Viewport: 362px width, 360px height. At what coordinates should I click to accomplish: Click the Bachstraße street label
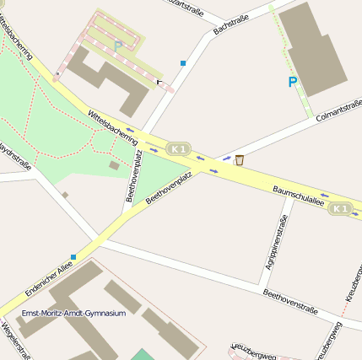[x=231, y=24]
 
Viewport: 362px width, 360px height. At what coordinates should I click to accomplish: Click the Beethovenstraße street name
[x=290, y=303]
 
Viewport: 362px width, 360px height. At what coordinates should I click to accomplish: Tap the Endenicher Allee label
[x=44, y=278]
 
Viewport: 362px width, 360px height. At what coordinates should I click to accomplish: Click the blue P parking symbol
[x=293, y=82]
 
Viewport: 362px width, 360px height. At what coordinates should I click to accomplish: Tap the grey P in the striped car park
[x=118, y=45]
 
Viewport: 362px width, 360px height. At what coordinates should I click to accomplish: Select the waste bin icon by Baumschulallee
[x=240, y=160]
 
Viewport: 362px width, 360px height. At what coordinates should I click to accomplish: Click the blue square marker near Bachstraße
[x=182, y=62]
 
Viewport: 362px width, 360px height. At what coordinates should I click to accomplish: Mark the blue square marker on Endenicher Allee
[x=73, y=256]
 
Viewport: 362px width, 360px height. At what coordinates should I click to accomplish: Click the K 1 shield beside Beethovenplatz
[x=177, y=148]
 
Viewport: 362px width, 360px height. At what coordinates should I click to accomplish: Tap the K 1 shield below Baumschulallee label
[x=340, y=208]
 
